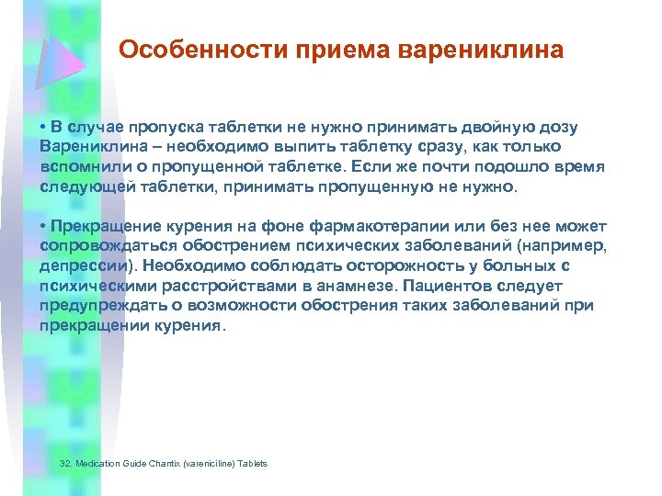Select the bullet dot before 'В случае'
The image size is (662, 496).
point(43,126)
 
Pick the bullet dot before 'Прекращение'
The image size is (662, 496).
point(43,226)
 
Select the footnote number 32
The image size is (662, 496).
point(63,464)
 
